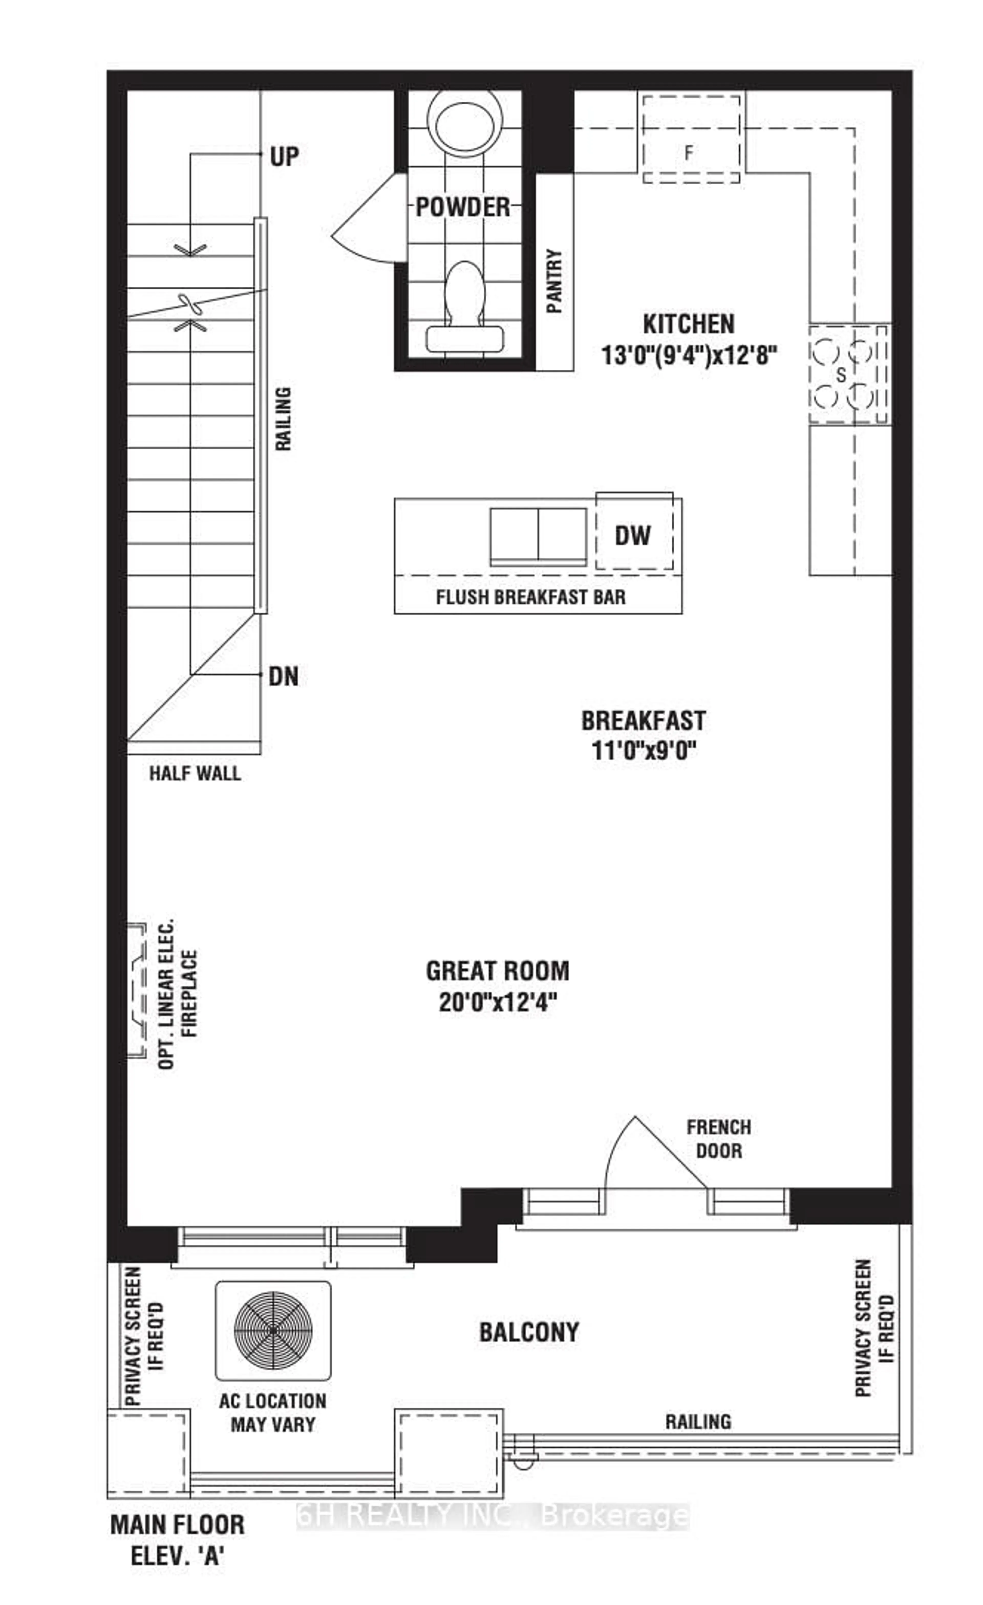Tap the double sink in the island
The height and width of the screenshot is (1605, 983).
pos(538,535)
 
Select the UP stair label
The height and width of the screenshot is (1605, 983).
pos(284,157)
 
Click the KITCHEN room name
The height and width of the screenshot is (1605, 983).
pos(689,324)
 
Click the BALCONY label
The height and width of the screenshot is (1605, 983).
pos(529,1332)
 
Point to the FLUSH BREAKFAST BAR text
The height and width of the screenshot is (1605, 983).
pos(530,597)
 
